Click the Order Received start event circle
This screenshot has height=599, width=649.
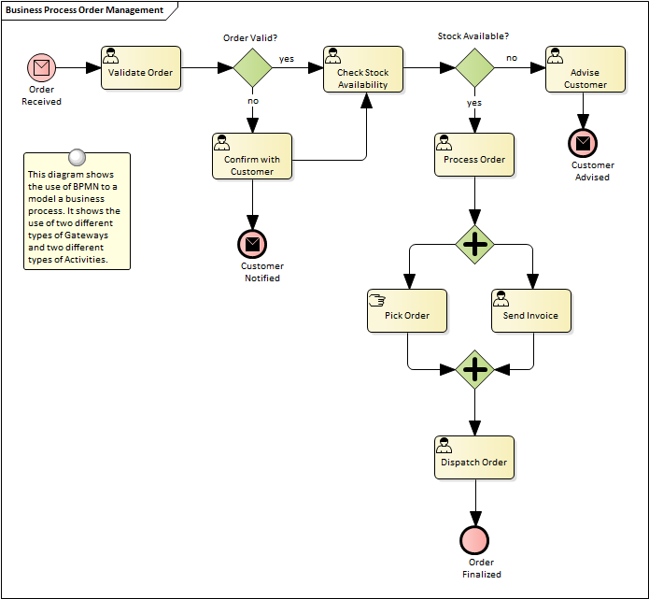click(x=42, y=67)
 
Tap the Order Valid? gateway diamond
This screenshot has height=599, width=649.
click(x=251, y=67)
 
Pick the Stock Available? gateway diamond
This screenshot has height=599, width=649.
click(x=474, y=67)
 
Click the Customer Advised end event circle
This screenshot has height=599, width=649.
click(x=584, y=144)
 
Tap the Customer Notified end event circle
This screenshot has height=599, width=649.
click(x=252, y=245)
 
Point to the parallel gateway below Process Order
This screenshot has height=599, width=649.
click(x=475, y=245)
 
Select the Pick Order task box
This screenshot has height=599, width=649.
click(x=407, y=310)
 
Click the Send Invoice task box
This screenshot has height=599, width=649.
click(x=530, y=310)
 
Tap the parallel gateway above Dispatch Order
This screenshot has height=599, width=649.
click(x=475, y=369)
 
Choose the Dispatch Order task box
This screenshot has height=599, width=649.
click(x=474, y=458)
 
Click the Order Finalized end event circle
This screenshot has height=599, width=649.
click(x=474, y=539)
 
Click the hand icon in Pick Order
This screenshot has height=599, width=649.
click(x=378, y=299)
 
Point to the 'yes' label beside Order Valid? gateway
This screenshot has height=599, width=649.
click(x=287, y=58)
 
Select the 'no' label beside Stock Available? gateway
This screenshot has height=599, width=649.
click(x=512, y=58)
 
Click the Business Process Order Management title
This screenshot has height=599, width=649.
click(x=84, y=10)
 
